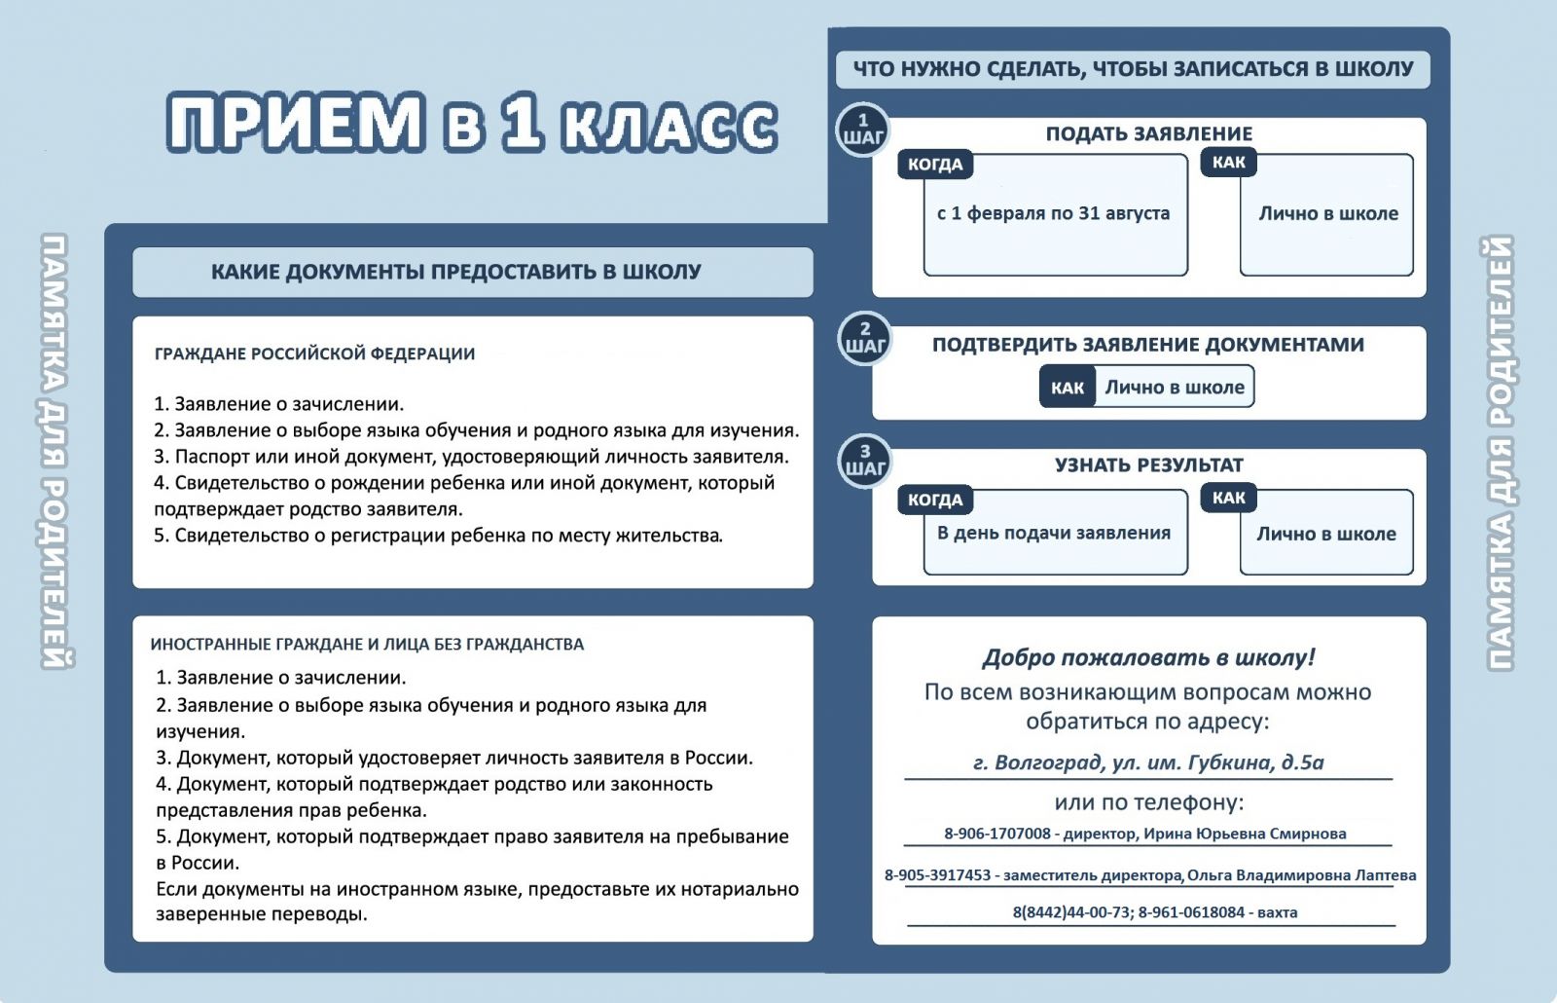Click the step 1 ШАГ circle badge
tap(863, 130)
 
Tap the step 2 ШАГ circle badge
tap(865, 338)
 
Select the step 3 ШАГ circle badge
tap(865, 461)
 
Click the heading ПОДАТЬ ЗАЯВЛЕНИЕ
tap(1148, 134)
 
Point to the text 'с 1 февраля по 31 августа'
tap(1053, 213)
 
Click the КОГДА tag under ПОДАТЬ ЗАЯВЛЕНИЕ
tap(935, 165)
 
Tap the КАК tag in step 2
tap(1068, 388)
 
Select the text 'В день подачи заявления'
tap(1054, 533)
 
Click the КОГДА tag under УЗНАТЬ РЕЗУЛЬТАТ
tap(935, 500)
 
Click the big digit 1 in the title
tap(524, 123)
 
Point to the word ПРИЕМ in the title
tap(297, 123)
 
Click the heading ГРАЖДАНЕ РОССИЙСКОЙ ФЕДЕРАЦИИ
tap(314, 353)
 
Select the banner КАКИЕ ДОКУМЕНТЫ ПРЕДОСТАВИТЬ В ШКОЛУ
tap(455, 272)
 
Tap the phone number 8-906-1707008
tap(996, 834)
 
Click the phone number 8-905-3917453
tap(937, 875)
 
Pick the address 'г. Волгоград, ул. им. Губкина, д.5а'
tap(1148, 762)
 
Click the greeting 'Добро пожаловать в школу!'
tap(1148, 657)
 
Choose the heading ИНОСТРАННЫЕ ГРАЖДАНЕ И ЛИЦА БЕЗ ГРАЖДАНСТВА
tap(367, 644)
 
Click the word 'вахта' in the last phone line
tap(1277, 912)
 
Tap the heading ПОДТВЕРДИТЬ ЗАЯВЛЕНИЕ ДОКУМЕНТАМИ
tap(1148, 345)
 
